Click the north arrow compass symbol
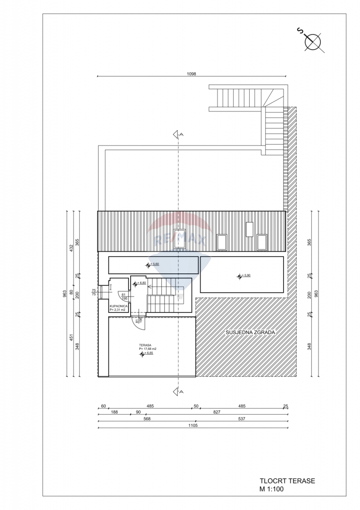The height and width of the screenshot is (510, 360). click(x=312, y=42)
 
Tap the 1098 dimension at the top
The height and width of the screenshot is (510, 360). click(x=191, y=74)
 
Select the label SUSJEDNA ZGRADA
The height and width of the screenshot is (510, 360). click(x=250, y=332)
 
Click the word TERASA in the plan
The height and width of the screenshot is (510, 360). click(x=145, y=345)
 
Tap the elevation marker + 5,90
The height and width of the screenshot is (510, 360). click(x=245, y=276)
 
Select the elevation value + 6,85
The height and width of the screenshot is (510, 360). click(x=150, y=353)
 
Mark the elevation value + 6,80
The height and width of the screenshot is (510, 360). click(x=141, y=283)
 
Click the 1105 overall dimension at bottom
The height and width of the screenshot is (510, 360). click(x=192, y=425)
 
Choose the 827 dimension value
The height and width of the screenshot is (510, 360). click(x=217, y=412)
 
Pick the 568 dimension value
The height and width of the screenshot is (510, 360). click(x=147, y=418)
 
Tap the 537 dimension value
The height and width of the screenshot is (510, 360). click(x=242, y=418)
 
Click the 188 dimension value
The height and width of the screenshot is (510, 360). click(x=114, y=412)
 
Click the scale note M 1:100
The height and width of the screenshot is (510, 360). click(x=271, y=489)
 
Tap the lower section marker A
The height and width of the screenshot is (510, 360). click(x=178, y=391)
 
